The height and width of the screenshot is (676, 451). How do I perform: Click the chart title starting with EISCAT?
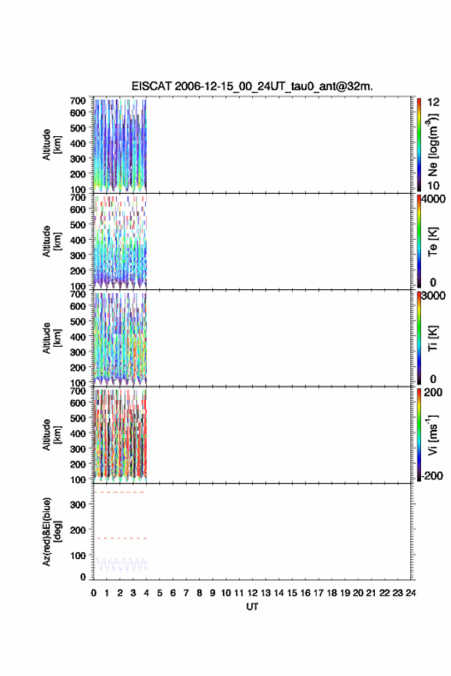[252, 87]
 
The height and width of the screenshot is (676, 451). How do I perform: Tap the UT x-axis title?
[252, 607]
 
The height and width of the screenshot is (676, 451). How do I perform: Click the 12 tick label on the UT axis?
[253, 593]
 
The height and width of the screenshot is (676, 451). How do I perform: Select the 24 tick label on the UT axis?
[411, 593]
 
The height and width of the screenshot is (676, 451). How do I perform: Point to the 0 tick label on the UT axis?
[94, 593]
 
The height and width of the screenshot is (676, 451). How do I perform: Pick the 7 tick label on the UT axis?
[186, 593]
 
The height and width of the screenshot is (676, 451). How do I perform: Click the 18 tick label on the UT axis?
[332, 593]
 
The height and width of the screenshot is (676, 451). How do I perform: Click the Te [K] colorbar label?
[433, 241]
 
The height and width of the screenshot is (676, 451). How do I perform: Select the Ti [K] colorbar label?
[433, 338]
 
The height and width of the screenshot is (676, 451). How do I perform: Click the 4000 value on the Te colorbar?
[433, 198]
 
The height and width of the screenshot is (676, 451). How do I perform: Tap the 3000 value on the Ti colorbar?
[433, 296]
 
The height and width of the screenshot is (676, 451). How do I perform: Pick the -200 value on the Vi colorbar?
[432, 476]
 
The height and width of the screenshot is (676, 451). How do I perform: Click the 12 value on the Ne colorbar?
[433, 102]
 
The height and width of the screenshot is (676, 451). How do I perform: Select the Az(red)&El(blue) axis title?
[52, 531]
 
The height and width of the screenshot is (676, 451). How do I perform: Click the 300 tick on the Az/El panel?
[78, 505]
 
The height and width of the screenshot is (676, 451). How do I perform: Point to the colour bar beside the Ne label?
[419, 145]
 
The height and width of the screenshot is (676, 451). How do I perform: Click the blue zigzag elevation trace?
[121, 564]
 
